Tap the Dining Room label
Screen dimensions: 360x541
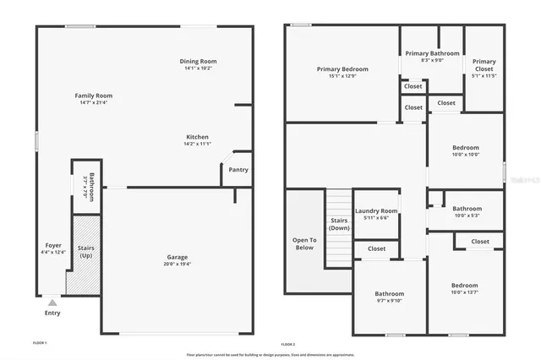[198, 61]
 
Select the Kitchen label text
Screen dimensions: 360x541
[198, 137]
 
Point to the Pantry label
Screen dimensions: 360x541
[238, 170]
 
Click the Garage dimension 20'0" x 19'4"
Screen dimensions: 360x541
[178, 264]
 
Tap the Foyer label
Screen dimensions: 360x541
[52, 245]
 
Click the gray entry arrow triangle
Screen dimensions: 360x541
[52, 301]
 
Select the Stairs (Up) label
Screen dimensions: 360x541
[85, 252]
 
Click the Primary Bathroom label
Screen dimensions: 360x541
[432, 53]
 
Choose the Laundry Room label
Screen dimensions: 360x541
[376, 210]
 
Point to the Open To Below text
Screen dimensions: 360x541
[304, 244]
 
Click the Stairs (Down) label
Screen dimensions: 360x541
[339, 224]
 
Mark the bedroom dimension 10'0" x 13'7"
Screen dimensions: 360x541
[464, 292]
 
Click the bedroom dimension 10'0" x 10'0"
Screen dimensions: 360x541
[465, 154]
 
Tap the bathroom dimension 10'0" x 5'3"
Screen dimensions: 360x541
[467, 215]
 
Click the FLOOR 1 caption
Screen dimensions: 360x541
[40, 343]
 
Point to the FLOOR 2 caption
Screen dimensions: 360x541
[289, 344]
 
